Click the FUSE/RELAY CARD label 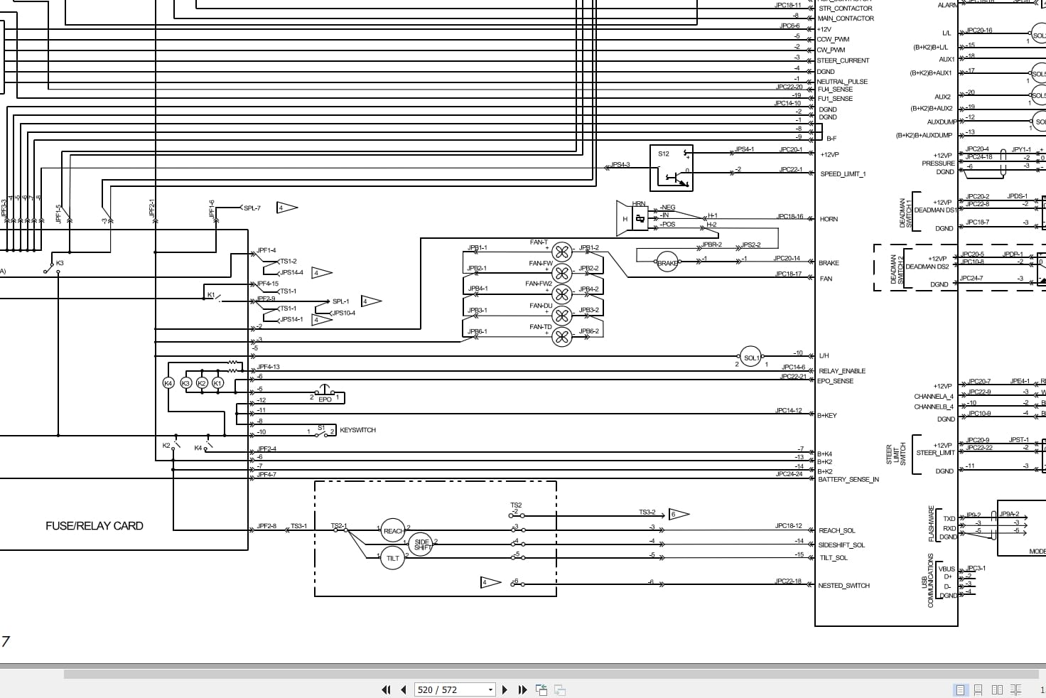click(x=95, y=526)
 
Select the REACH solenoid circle click(x=393, y=531)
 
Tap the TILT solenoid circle click(x=392, y=558)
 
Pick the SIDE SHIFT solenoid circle click(x=421, y=544)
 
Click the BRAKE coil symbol click(x=667, y=263)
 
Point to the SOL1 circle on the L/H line click(x=751, y=358)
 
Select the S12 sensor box click(x=672, y=168)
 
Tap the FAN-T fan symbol click(x=561, y=252)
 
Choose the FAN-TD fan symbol click(x=561, y=337)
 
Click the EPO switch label click(x=325, y=399)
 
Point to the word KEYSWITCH click(x=357, y=430)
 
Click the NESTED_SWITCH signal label click(x=843, y=586)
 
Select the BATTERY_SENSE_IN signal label click(x=848, y=480)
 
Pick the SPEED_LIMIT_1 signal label click(x=843, y=174)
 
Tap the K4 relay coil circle click(x=168, y=383)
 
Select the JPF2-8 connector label click(x=266, y=527)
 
